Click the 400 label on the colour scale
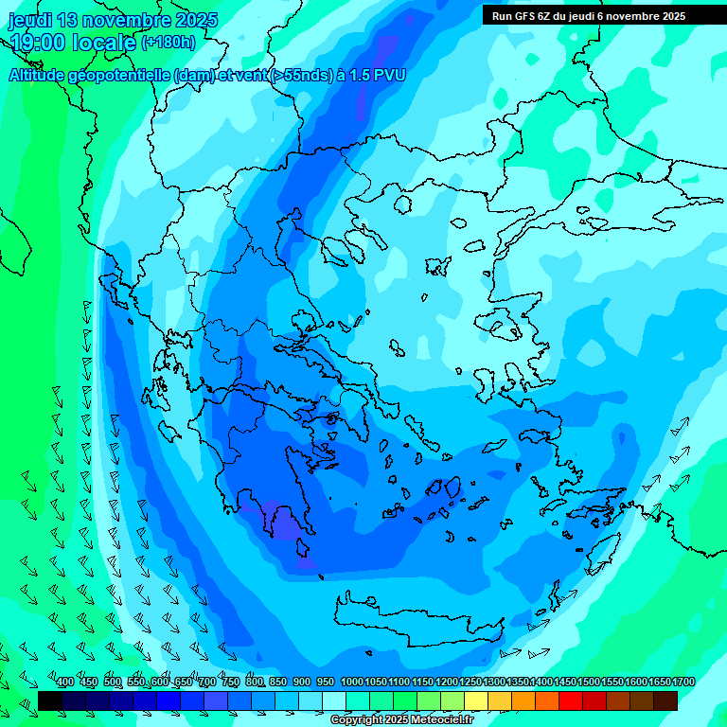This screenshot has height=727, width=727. point(65,682)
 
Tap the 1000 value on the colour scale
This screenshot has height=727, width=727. point(352,682)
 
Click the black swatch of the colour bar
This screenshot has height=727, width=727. point(50,700)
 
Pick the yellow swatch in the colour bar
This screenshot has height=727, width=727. point(476,700)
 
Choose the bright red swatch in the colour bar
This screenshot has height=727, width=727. point(571,700)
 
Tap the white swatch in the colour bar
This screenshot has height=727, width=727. point(334,700)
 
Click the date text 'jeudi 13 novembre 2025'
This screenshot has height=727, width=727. point(113,20)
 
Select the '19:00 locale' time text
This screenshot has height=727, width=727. point(73,43)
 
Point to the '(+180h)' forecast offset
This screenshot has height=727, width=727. point(168,43)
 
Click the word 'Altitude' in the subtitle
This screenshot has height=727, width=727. point(37,75)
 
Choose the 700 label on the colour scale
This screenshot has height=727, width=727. point(208,682)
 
